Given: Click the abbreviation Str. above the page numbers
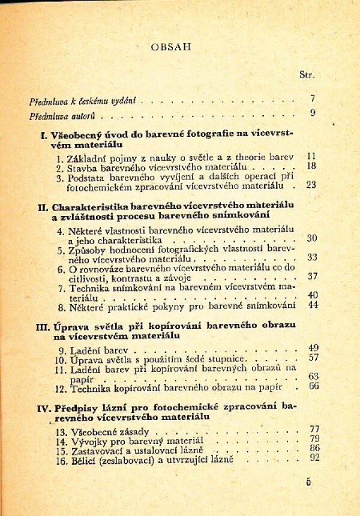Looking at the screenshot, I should tap(307, 75).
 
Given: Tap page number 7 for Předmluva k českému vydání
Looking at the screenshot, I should tap(313, 98).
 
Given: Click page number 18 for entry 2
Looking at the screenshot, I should tap(311, 166).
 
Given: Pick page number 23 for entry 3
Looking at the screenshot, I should tap(310, 185).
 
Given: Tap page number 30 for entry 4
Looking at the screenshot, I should tap(311, 238).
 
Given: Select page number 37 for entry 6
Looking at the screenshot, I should tap(311, 277).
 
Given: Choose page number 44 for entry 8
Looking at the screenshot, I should tap(311, 305).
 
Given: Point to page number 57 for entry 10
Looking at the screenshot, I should tap(312, 358).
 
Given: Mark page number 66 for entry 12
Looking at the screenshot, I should tap(312, 386).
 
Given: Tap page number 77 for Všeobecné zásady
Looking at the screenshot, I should tap(312, 428).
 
